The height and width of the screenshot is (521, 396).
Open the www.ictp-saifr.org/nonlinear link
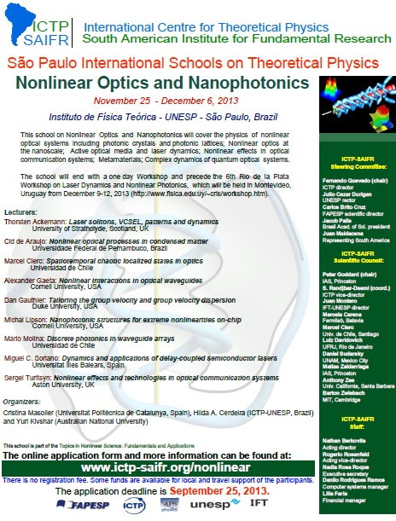(x=160, y=468)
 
